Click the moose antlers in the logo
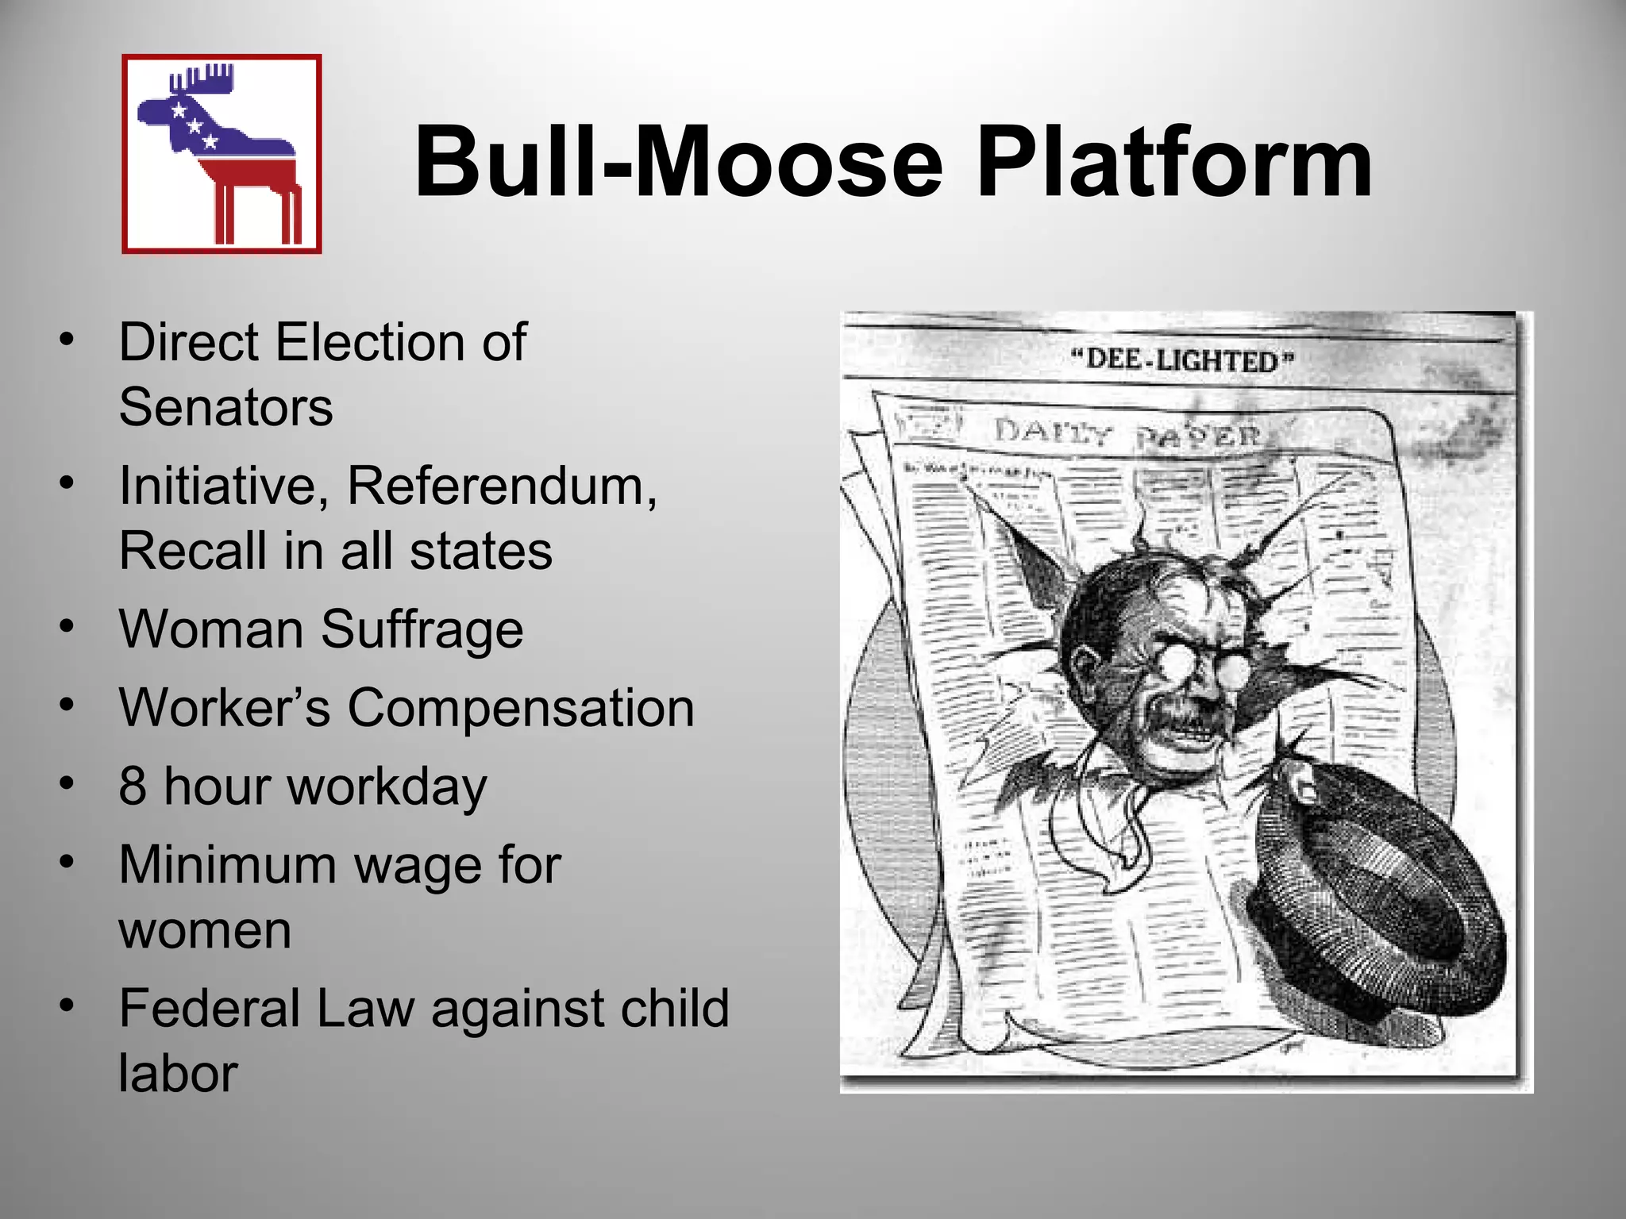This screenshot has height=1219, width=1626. (203, 81)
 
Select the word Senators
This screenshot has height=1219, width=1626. (225, 408)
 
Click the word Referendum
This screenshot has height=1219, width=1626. (502, 486)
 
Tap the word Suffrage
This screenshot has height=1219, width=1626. (422, 629)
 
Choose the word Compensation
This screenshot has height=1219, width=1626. (521, 707)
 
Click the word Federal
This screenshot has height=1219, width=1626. (209, 1009)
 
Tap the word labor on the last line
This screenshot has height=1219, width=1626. (178, 1074)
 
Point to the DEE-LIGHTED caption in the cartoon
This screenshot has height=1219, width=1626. (1182, 360)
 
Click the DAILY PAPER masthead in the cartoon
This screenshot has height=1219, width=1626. (1127, 434)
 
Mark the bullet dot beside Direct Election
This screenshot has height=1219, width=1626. (67, 340)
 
